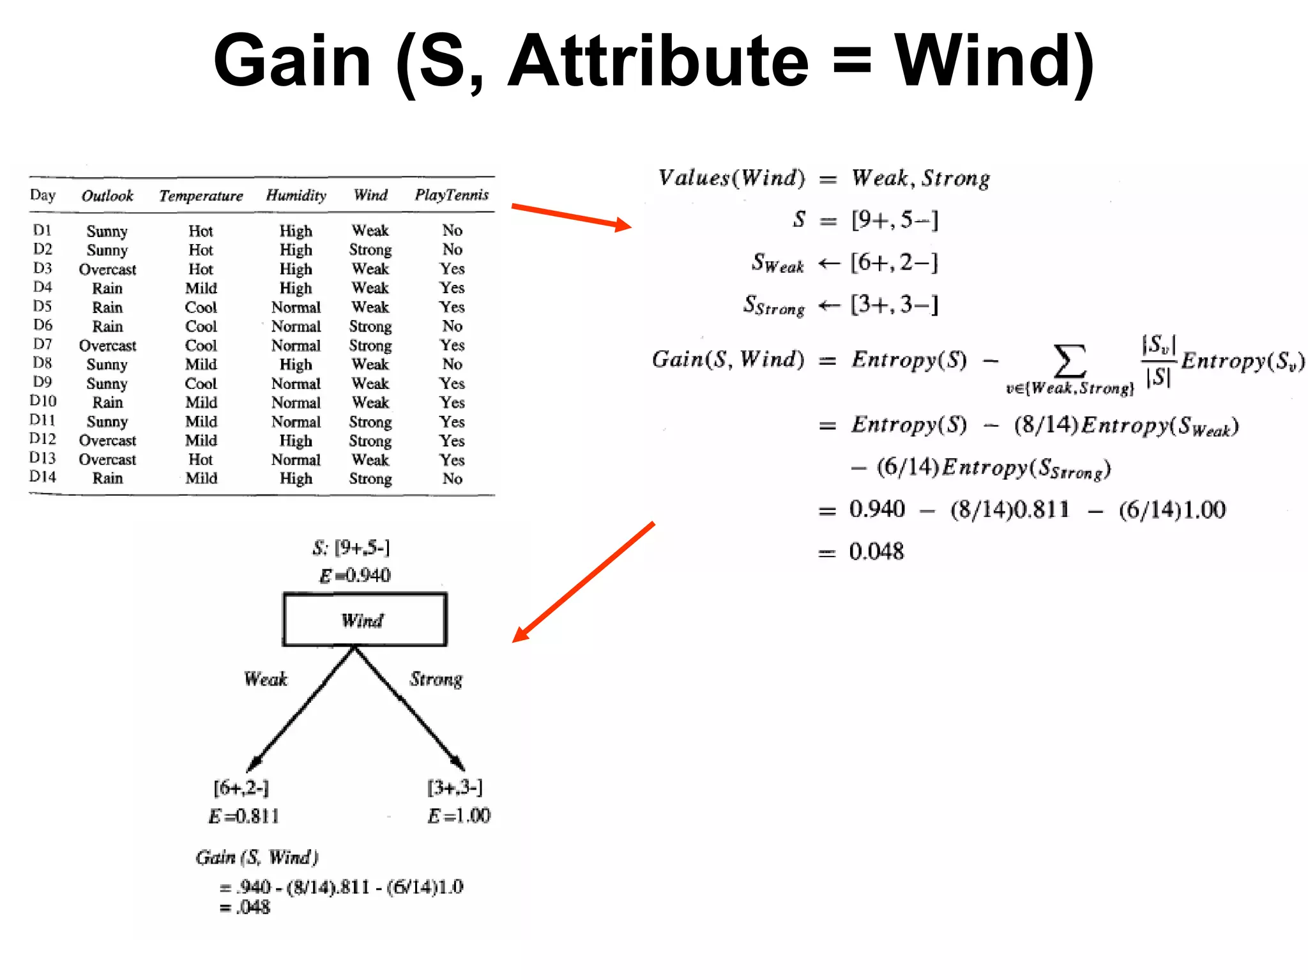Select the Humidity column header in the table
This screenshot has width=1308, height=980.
tap(296, 195)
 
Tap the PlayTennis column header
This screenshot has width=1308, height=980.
tap(452, 195)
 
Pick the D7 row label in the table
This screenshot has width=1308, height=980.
tap(43, 344)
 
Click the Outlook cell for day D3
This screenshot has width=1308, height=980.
tap(107, 270)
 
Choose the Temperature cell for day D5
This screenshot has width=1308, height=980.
tap(201, 307)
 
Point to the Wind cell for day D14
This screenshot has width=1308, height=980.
tap(370, 479)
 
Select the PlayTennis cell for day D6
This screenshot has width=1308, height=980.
tap(452, 326)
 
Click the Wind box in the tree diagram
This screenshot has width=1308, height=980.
tap(365, 620)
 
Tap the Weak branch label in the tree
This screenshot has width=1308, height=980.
tap(266, 679)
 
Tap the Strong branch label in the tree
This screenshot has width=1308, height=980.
tap(436, 679)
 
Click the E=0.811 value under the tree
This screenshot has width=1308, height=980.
tap(244, 816)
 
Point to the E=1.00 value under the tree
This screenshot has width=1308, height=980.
tap(459, 816)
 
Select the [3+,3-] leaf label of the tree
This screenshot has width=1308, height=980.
tap(455, 788)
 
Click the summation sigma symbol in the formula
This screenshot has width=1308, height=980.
tap(1069, 361)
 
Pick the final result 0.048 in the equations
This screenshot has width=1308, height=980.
tap(876, 551)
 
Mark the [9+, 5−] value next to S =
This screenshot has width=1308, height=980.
tap(894, 220)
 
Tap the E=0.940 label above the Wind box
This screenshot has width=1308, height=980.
tap(355, 576)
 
